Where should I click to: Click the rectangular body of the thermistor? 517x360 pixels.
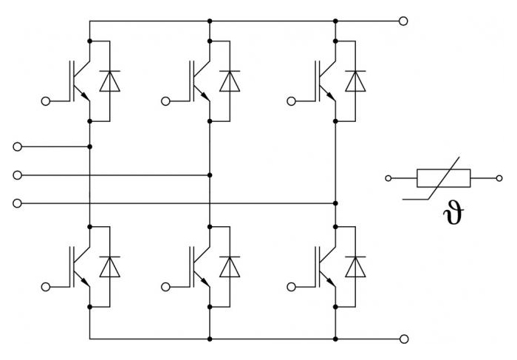(x=443, y=178)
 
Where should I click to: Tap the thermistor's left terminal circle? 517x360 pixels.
(x=388, y=178)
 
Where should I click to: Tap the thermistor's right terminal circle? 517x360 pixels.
(x=499, y=178)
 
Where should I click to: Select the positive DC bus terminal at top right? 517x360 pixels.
(x=403, y=21)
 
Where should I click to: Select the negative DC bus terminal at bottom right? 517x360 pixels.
(x=404, y=339)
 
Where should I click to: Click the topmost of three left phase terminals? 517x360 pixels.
(x=18, y=146)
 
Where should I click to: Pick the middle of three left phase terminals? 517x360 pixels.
(x=18, y=175)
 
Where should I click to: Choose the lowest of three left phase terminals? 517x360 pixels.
(x=18, y=203)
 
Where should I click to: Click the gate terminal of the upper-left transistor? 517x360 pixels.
(x=46, y=101)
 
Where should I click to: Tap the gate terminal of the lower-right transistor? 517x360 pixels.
(x=292, y=287)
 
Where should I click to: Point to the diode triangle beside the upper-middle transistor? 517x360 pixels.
(x=230, y=81)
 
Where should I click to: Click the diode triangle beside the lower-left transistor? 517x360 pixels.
(x=110, y=267)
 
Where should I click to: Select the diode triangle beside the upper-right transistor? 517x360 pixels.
(x=355, y=81)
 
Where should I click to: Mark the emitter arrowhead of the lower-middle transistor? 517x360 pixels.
(x=205, y=282)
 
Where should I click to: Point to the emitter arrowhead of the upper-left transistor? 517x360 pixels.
(x=85, y=96)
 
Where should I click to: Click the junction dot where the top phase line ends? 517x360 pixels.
(x=89, y=146)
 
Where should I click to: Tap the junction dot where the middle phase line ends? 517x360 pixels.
(x=210, y=175)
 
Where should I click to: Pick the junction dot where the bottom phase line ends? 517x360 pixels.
(x=335, y=203)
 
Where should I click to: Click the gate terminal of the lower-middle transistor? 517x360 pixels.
(x=166, y=287)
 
